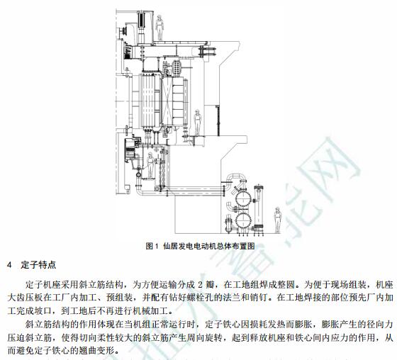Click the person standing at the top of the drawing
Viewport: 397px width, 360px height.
(x=160, y=28)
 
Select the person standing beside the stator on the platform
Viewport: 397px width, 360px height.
(x=197, y=123)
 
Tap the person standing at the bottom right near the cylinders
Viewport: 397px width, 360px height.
(x=278, y=220)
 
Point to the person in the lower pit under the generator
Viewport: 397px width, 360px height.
(x=150, y=165)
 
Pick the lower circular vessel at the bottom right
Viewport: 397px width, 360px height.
(x=243, y=220)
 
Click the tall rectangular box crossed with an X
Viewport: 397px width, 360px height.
(x=167, y=101)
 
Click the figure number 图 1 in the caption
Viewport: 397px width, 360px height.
(x=152, y=246)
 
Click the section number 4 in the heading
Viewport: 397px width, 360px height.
(x=10, y=265)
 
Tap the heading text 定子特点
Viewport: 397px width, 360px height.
(x=38, y=265)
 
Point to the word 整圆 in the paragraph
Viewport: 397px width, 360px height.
(x=286, y=285)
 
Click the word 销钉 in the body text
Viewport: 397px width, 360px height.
(x=259, y=298)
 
